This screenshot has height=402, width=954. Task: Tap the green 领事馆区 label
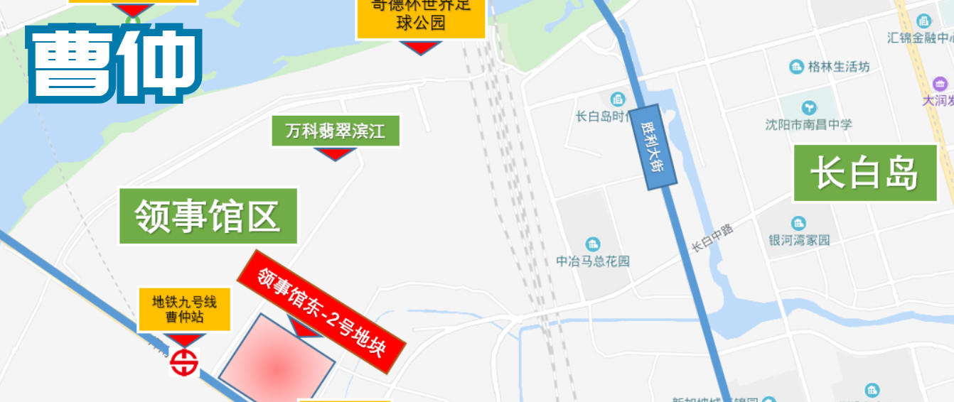pyautogui.click(x=208, y=216)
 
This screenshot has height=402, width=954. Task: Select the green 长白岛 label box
pyautogui.click(x=864, y=173)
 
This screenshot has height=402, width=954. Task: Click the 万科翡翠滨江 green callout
pyautogui.click(x=336, y=131)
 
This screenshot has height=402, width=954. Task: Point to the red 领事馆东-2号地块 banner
pyautogui.click(x=321, y=313)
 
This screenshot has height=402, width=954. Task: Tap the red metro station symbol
pyautogui.click(x=184, y=362)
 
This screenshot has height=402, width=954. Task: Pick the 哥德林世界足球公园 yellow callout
pyautogui.click(x=420, y=16)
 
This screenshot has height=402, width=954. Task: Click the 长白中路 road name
pyautogui.click(x=712, y=237)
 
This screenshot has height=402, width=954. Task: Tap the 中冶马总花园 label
pyautogui.click(x=593, y=261)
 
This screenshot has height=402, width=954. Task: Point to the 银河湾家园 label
pyautogui.click(x=799, y=240)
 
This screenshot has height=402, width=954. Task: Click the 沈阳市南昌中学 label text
pyautogui.click(x=808, y=125)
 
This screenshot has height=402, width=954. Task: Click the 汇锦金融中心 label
pyautogui.click(x=921, y=38)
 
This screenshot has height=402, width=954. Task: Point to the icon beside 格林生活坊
pyautogui.click(x=797, y=67)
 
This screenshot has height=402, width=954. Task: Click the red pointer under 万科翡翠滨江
pyautogui.click(x=335, y=153)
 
